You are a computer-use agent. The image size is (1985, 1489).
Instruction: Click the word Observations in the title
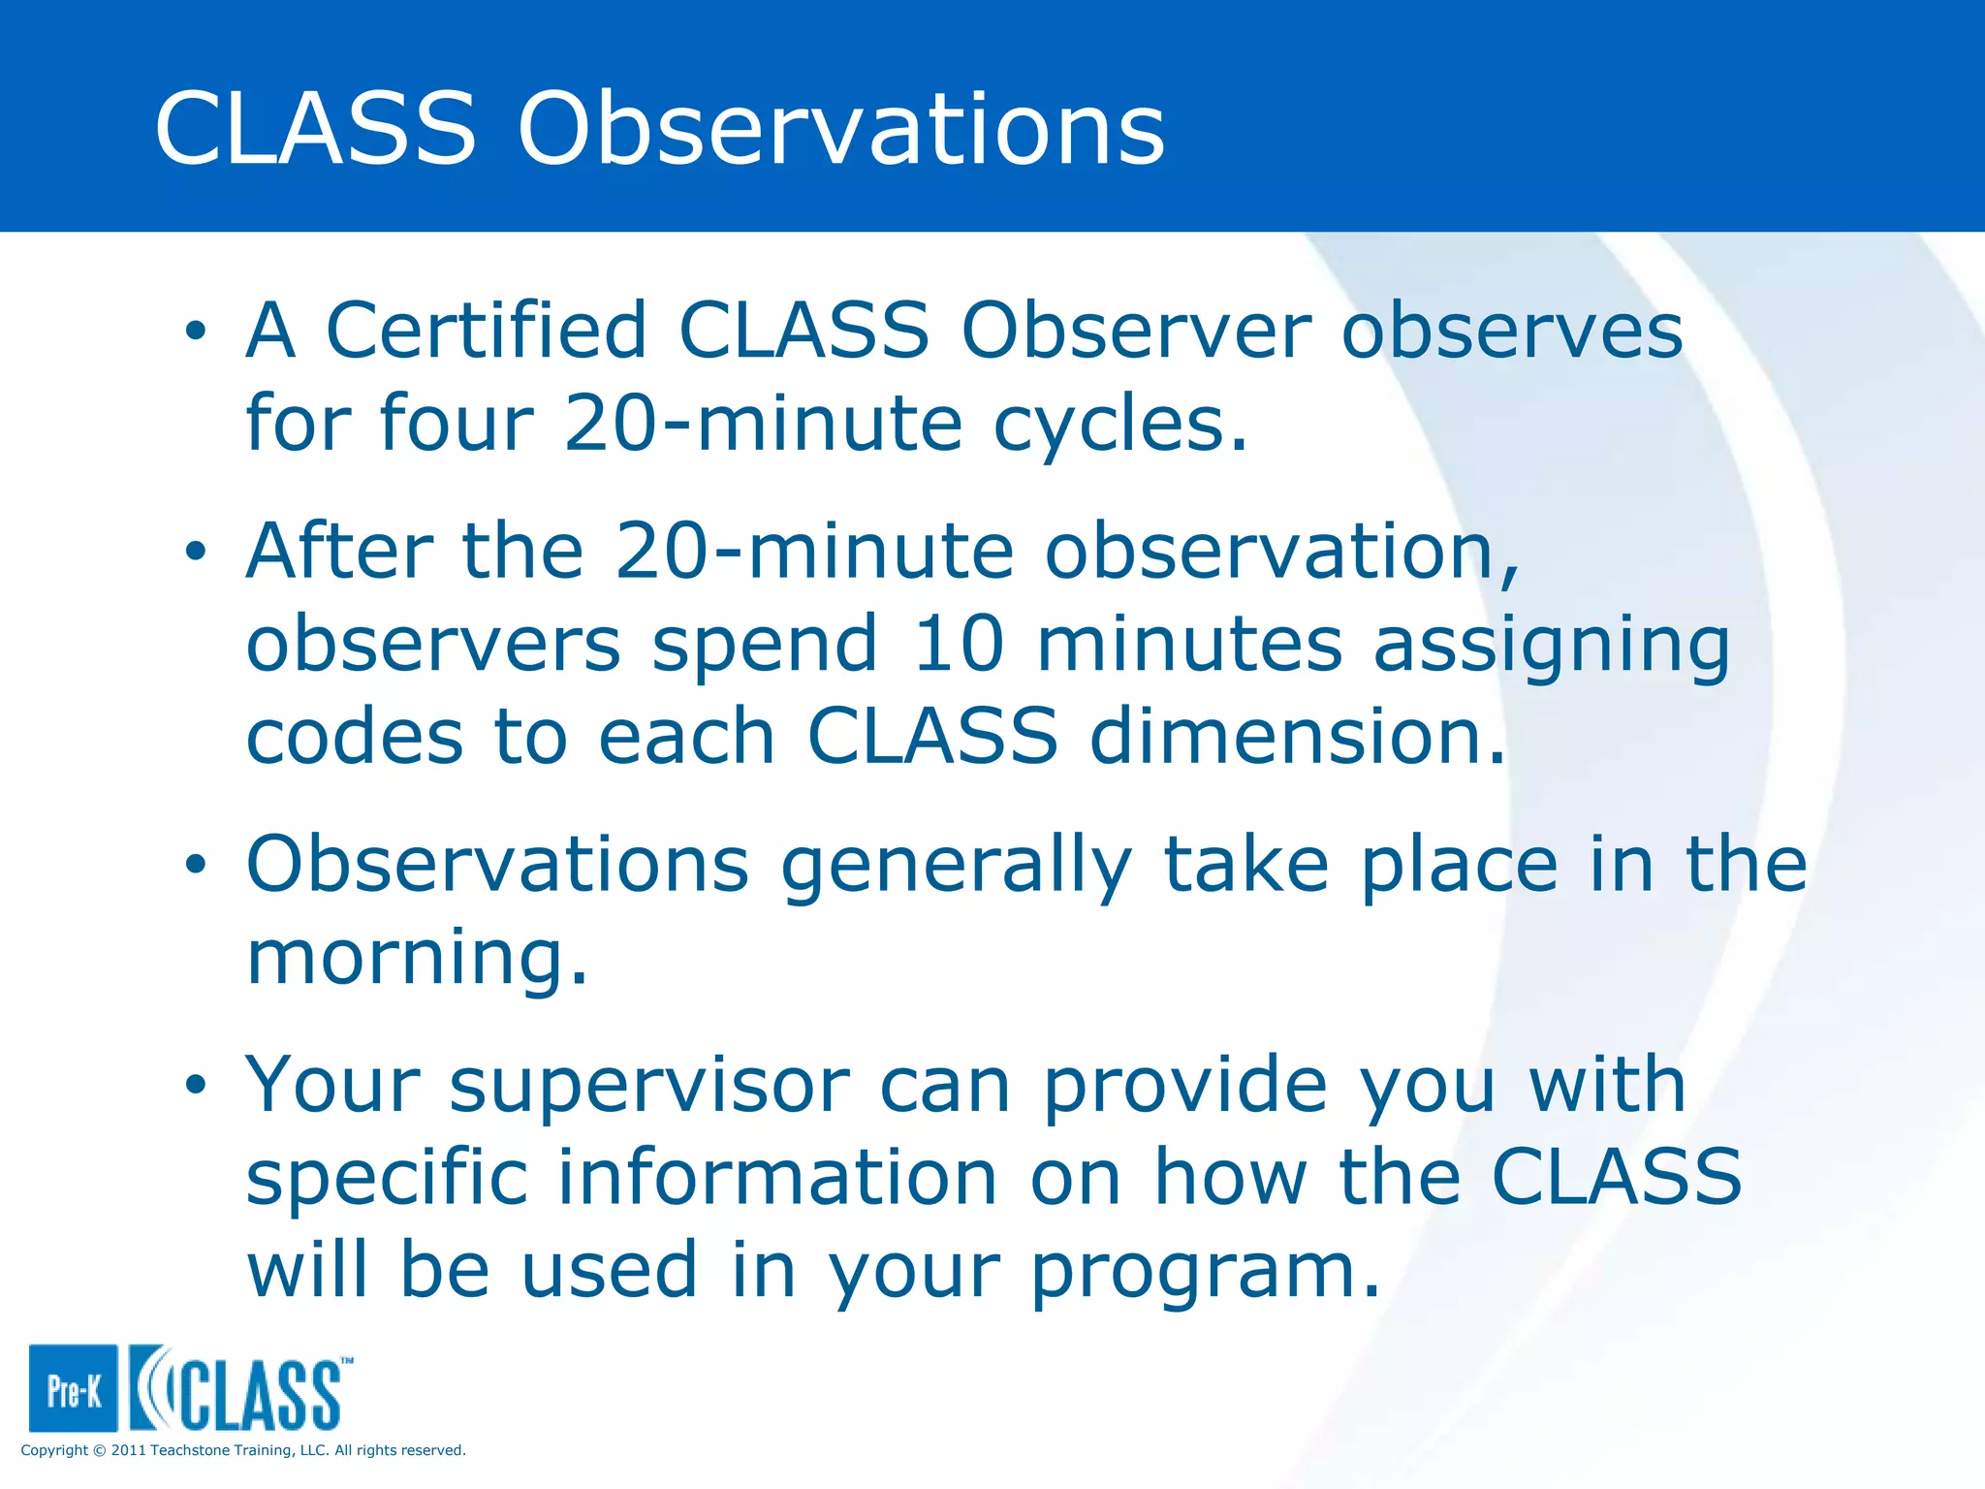coord(841,128)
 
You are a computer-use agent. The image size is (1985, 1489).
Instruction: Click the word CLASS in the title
coord(316,128)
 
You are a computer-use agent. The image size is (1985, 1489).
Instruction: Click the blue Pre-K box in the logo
coord(74,1388)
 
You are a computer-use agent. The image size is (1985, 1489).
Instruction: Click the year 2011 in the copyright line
coord(129,1450)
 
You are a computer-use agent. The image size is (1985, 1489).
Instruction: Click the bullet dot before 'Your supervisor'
coord(197,1085)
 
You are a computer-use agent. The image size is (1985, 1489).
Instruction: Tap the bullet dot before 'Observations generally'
coord(197,865)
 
